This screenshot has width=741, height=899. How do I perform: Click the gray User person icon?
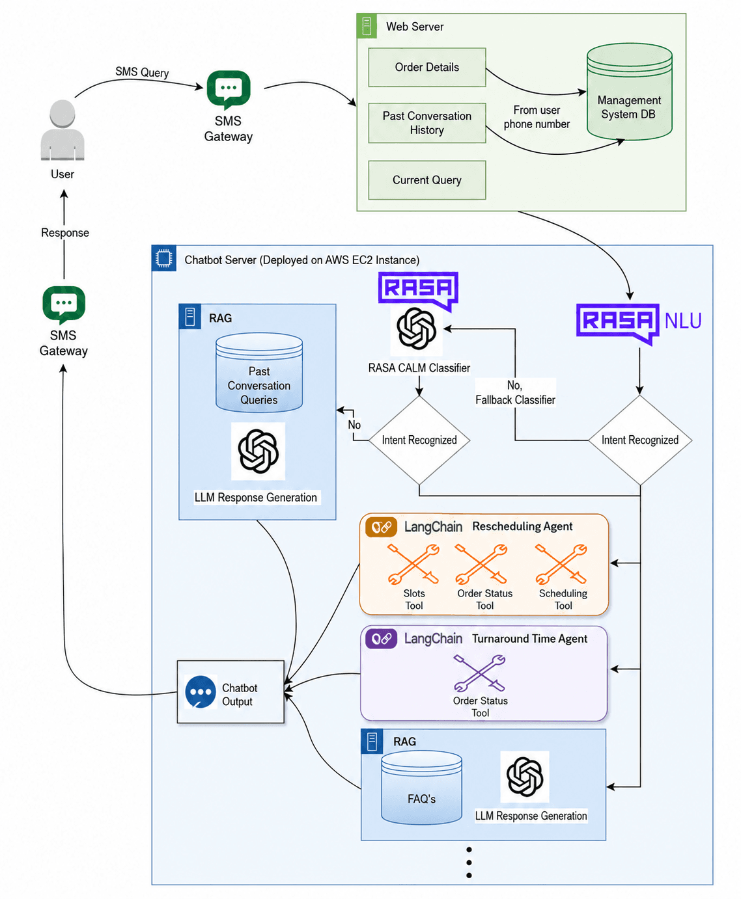point(63,130)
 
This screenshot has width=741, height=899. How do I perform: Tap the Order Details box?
point(426,67)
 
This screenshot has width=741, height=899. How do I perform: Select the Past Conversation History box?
point(426,123)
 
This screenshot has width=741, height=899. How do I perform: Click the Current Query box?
point(426,180)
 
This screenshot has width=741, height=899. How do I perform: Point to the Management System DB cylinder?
point(629,91)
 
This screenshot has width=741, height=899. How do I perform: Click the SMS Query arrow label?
point(142,72)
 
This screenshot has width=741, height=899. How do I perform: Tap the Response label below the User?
point(65,232)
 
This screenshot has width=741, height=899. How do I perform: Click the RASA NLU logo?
point(638,323)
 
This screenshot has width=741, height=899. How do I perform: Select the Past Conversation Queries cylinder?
point(259,372)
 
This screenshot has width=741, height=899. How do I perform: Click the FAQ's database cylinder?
point(421,788)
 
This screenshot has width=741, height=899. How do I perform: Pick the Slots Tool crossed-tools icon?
point(413,564)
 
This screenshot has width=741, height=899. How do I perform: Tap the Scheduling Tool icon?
point(561,564)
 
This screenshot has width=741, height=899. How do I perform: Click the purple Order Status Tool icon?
point(479,673)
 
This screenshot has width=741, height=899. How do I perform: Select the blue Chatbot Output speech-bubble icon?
point(201,692)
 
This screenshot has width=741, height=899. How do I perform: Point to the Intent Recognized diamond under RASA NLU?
point(639,440)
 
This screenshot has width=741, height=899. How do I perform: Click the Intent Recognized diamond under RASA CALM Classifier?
point(419,440)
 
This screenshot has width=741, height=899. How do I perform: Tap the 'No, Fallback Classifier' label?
point(515,392)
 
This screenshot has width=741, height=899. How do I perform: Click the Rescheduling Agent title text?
point(522,526)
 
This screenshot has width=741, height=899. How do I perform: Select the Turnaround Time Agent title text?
point(529,639)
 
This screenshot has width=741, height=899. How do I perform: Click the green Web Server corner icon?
point(367,26)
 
